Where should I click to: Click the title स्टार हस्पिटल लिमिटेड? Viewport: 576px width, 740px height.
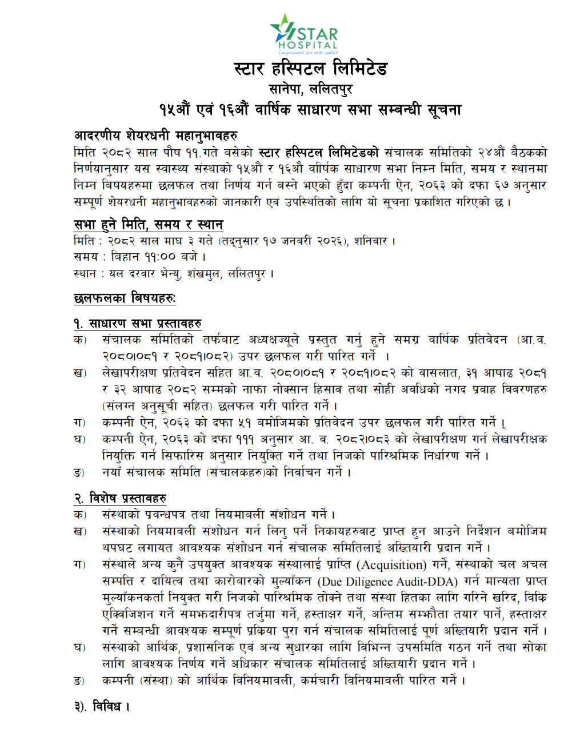click(310, 69)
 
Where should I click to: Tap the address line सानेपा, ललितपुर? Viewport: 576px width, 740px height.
click(310, 89)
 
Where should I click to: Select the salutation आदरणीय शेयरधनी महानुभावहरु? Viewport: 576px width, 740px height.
click(155, 136)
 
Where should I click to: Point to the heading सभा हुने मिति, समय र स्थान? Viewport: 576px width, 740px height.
click(148, 224)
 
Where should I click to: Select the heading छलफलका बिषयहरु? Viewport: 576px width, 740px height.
click(125, 298)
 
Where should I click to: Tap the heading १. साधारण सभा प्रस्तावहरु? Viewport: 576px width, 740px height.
click(137, 323)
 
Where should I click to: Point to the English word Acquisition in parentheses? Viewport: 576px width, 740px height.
click(392, 565)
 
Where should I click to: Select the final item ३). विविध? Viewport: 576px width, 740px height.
click(102, 706)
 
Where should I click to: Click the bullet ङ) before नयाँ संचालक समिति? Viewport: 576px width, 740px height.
click(79, 472)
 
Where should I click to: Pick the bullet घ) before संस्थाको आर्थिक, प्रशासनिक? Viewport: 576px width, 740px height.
click(79, 647)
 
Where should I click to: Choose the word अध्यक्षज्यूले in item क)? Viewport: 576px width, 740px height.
click(274, 340)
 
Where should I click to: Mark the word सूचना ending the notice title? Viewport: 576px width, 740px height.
click(444, 109)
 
